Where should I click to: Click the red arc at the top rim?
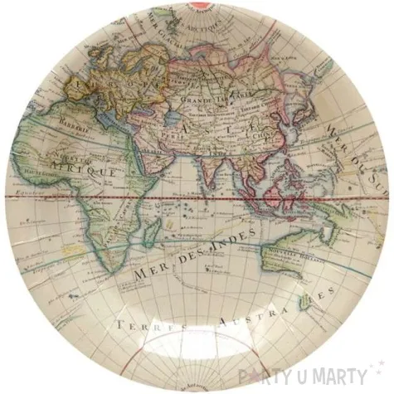tap(197, 7)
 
